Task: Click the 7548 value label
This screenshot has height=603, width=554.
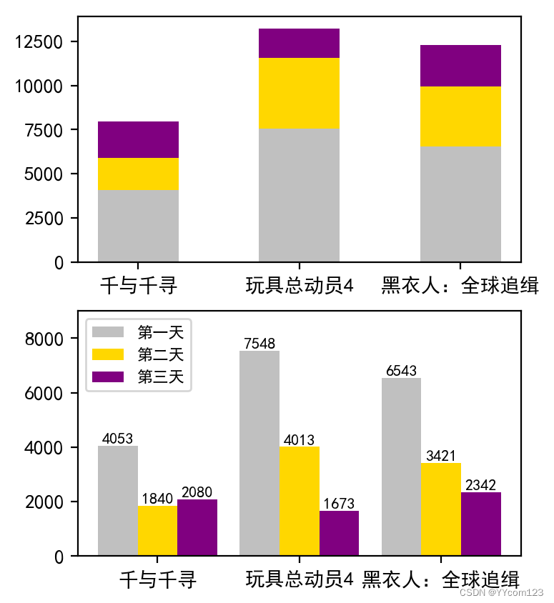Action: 259,344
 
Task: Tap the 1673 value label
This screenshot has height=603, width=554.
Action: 339,503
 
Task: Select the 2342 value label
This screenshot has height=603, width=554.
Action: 480,485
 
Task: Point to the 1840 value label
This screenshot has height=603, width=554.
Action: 157,498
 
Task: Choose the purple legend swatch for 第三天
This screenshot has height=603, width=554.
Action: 108,377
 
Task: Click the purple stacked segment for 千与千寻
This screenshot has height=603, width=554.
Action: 138,139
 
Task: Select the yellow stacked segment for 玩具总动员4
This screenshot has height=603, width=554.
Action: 299,93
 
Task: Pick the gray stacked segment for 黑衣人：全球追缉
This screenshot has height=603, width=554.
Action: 460,204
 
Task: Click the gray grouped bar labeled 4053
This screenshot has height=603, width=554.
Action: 118,500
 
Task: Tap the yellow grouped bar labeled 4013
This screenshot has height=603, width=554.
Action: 299,501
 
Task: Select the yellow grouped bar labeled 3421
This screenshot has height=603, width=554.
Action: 440,509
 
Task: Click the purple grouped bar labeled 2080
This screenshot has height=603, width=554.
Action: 197,527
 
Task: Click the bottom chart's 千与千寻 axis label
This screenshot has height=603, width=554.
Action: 157,579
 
